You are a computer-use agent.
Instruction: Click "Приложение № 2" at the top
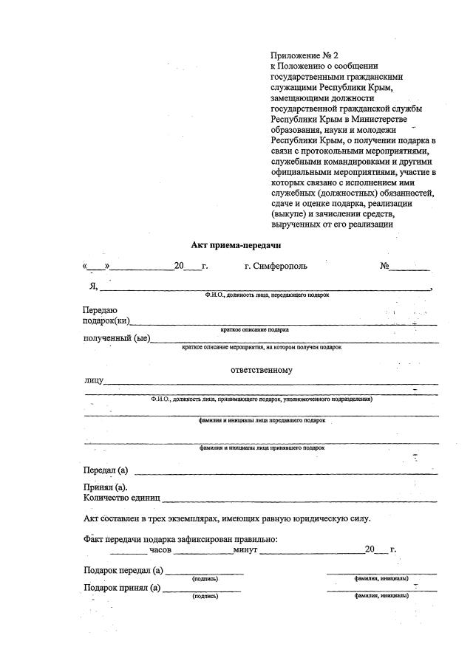pos(304,55)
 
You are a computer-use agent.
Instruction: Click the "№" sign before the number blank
pos(384,266)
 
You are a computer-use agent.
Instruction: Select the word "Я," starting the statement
pos(94,287)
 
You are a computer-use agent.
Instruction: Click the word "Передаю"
pos(100,311)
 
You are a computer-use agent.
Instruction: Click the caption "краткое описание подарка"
pos(255,329)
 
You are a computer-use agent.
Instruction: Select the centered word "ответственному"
pos(261,370)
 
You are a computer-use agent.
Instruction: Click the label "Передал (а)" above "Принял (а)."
pos(106,470)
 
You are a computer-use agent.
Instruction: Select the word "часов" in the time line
pos(160,549)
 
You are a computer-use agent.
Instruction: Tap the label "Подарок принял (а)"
pos(122,588)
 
